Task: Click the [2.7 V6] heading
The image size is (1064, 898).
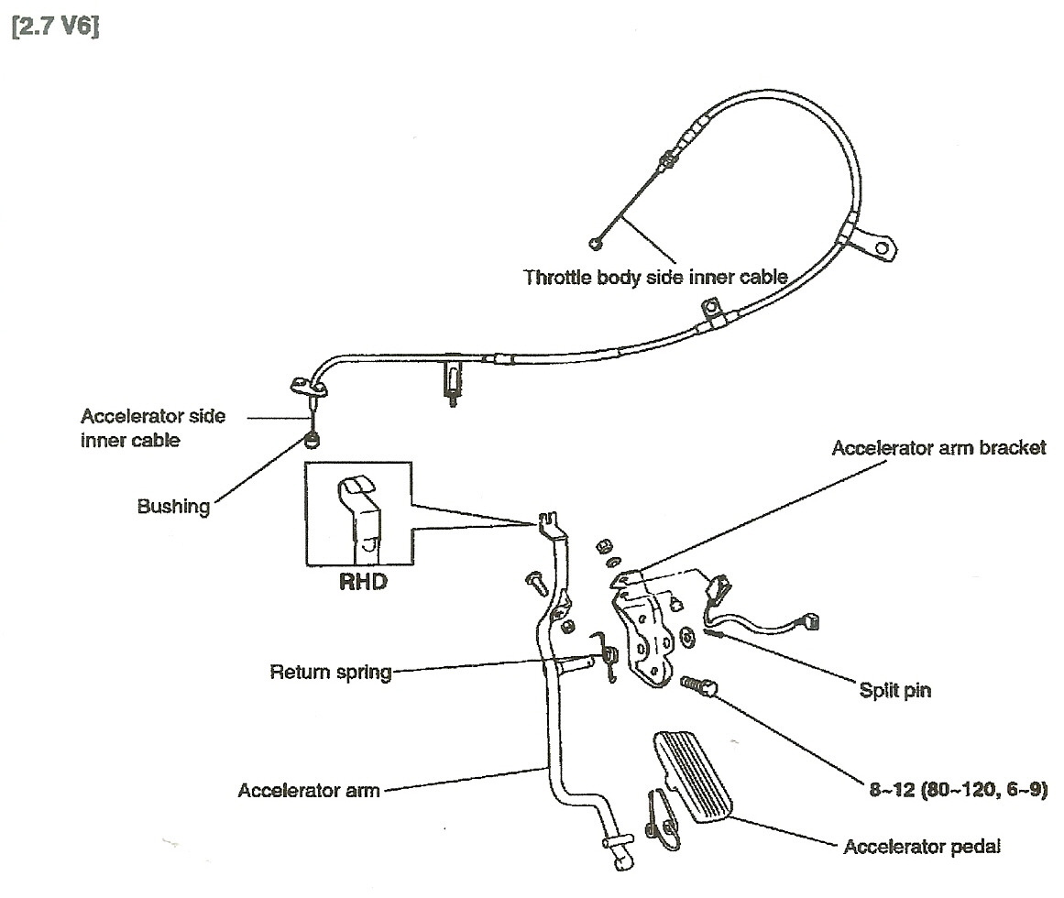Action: click(56, 27)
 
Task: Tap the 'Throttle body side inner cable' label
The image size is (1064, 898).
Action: click(655, 277)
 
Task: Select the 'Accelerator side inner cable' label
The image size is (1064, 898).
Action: click(153, 428)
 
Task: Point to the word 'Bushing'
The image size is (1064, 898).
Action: click(173, 506)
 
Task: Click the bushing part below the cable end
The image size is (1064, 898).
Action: click(313, 442)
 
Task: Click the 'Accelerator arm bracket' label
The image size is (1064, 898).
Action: click(938, 449)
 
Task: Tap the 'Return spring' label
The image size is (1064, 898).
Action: click(331, 673)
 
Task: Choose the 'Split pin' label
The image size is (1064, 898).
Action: click(894, 690)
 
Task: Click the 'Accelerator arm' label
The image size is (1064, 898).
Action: click(308, 790)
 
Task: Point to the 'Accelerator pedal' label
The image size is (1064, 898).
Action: click(921, 846)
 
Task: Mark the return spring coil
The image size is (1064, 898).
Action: click(609, 654)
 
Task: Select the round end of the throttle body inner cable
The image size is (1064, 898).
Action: click(598, 243)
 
